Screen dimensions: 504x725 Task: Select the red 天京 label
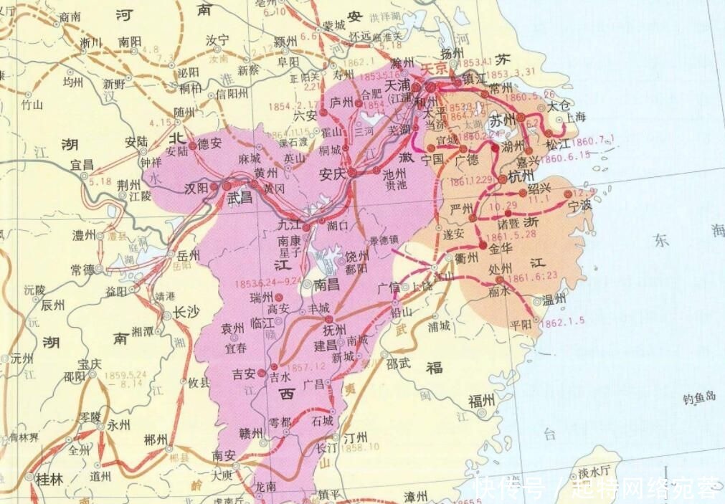pos(433,69)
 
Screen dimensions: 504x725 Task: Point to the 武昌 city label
pos(240,198)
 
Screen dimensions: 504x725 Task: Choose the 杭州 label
pos(520,176)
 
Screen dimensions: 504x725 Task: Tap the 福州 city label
pos(481,400)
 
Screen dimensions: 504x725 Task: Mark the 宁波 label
pos(582,205)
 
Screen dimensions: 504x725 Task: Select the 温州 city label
pos(554,299)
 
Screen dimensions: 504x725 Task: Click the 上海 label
pos(574,117)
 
